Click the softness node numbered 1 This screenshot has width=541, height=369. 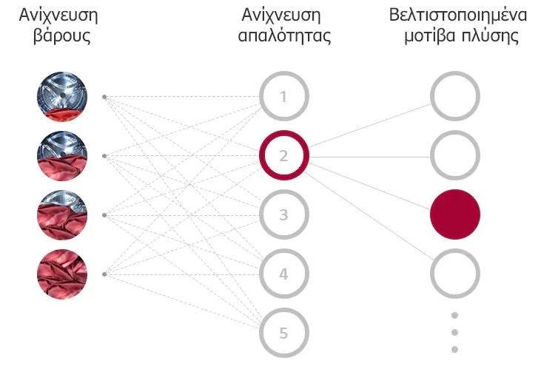284,73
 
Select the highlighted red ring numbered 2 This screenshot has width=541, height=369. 284,132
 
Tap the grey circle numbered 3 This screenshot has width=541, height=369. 284,192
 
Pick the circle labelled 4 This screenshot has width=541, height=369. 284,251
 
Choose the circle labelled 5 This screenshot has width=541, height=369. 284,311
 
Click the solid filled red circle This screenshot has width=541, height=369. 455,214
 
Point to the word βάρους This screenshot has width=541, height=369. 61,36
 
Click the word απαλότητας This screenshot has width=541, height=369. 284,36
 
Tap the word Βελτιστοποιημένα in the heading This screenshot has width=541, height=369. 458,16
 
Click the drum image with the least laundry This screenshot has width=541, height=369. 62,97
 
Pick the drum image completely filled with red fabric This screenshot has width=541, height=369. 62,274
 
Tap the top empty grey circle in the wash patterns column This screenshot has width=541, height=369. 455,73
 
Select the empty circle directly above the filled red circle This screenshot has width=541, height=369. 455,132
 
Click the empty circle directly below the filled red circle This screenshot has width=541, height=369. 455,251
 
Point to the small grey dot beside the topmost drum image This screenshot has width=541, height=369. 104,97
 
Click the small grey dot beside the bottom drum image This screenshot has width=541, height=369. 104,274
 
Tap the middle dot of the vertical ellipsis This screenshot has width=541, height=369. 454,332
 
